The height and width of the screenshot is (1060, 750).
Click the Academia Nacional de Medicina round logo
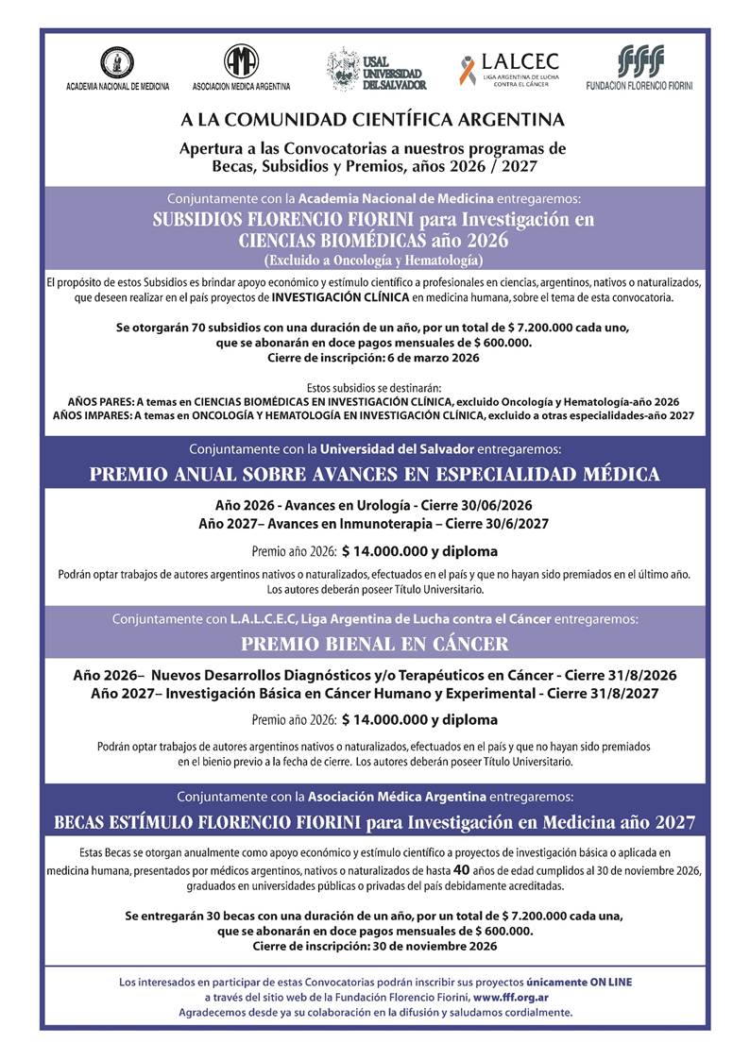pyautogui.click(x=117, y=62)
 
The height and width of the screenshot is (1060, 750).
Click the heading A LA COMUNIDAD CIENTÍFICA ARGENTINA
pyautogui.click(x=373, y=120)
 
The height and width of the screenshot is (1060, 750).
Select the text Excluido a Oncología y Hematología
pyautogui.click(x=374, y=259)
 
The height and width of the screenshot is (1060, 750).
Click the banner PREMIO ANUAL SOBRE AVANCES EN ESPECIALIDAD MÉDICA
pyautogui.click(x=374, y=473)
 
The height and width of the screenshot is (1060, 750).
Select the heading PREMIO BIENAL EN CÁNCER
pyautogui.click(x=374, y=645)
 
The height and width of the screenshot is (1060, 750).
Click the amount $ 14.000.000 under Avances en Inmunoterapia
pyautogui.click(x=385, y=551)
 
